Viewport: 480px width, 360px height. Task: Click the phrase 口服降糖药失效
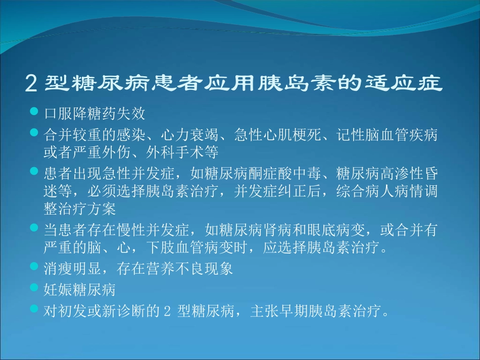pos(94,113)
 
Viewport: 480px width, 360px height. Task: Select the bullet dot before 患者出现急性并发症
pos(34,172)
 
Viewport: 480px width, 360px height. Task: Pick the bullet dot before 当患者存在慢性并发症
pos(34,228)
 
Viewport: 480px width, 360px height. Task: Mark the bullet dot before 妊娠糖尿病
pos(34,288)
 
